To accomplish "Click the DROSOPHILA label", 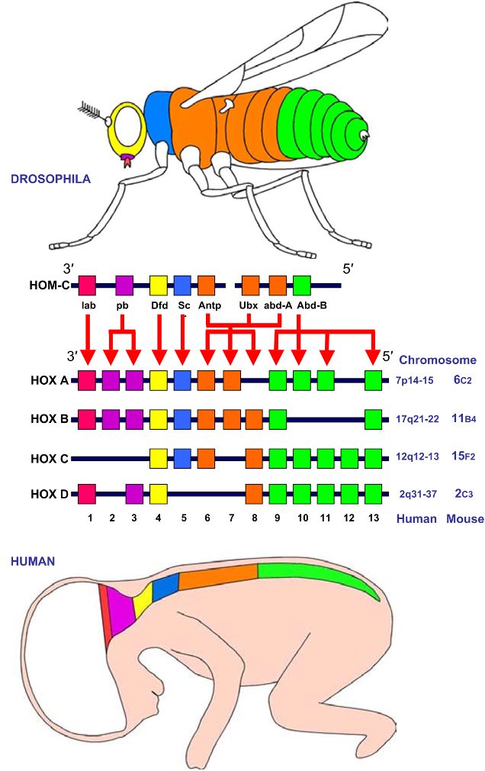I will pos(50,179).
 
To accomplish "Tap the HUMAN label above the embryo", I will pos(32,561).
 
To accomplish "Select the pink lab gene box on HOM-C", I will pos(87,286).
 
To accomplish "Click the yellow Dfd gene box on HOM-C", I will pos(159,286).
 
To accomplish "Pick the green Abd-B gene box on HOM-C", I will pos(302,286).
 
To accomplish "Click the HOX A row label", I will pos(50,380).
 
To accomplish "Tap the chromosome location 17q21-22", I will pos(416,419).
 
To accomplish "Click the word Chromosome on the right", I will pos(438,360).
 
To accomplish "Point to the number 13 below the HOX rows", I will pos(372,518).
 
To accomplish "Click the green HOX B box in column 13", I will pos(373,418).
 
